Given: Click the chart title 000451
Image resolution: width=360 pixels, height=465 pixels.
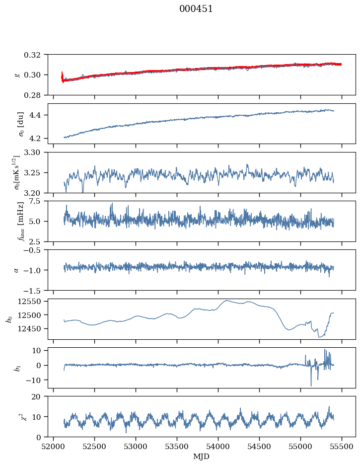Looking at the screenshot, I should (x=196, y=9).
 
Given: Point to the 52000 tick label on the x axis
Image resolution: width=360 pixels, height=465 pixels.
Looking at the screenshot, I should (x=54, y=447).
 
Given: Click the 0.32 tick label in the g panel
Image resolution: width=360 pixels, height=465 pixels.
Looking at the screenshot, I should (x=36, y=55).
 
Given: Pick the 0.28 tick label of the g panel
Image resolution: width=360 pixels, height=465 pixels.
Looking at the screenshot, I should (x=36, y=95).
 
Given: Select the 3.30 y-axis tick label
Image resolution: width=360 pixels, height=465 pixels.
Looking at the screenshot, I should (x=36, y=153).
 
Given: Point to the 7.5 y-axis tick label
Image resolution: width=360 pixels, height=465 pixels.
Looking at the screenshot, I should (x=39, y=201).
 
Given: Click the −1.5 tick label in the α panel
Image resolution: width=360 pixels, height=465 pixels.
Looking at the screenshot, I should (x=36, y=290).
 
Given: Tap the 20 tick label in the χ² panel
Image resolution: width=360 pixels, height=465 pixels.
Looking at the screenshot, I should (x=40, y=396).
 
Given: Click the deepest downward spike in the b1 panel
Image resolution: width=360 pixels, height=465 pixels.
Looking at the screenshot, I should (x=311, y=386).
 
